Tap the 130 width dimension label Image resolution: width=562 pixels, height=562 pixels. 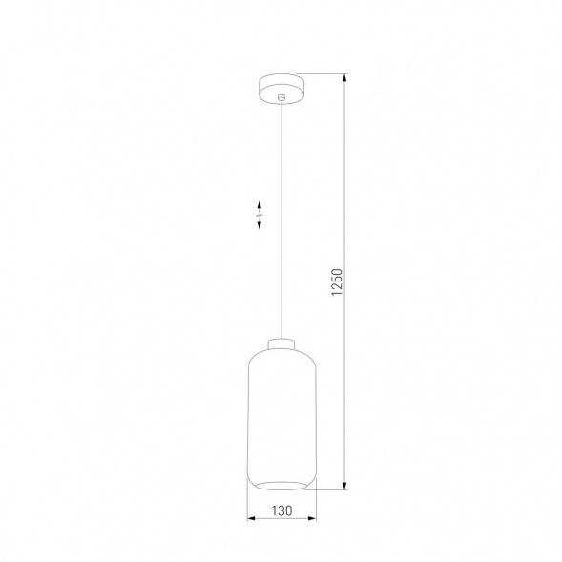(281, 510)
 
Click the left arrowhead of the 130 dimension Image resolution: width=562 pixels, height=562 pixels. (251, 519)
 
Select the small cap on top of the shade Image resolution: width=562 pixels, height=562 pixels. (281, 343)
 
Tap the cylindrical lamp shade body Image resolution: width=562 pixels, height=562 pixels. (281, 410)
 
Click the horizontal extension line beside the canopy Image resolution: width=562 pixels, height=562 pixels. (324, 74)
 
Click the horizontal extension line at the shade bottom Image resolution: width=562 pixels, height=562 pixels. (329, 489)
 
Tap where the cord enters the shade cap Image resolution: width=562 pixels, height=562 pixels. (281, 337)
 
